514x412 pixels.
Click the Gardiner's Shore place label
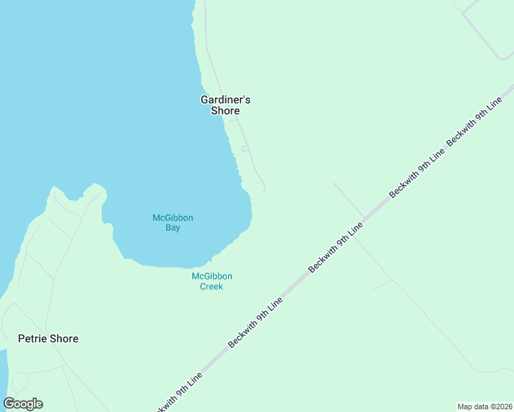point(225,105)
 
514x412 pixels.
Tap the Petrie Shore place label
point(48,339)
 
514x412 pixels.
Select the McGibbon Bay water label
point(172,222)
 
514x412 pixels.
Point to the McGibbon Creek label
point(212,282)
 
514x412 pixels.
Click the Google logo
point(23,404)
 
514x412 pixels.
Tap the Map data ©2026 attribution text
point(484,406)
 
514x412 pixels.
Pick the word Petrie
point(32,339)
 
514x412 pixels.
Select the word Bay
point(172,228)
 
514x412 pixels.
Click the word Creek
point(212,286)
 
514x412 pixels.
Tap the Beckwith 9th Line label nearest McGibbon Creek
point(256,322)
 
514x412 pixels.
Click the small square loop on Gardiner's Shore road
point(245,149)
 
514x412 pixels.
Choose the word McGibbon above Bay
point(172,218)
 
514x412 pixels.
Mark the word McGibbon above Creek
point(212,276)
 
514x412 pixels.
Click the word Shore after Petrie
point(63,339)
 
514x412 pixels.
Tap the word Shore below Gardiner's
point(225,111)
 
